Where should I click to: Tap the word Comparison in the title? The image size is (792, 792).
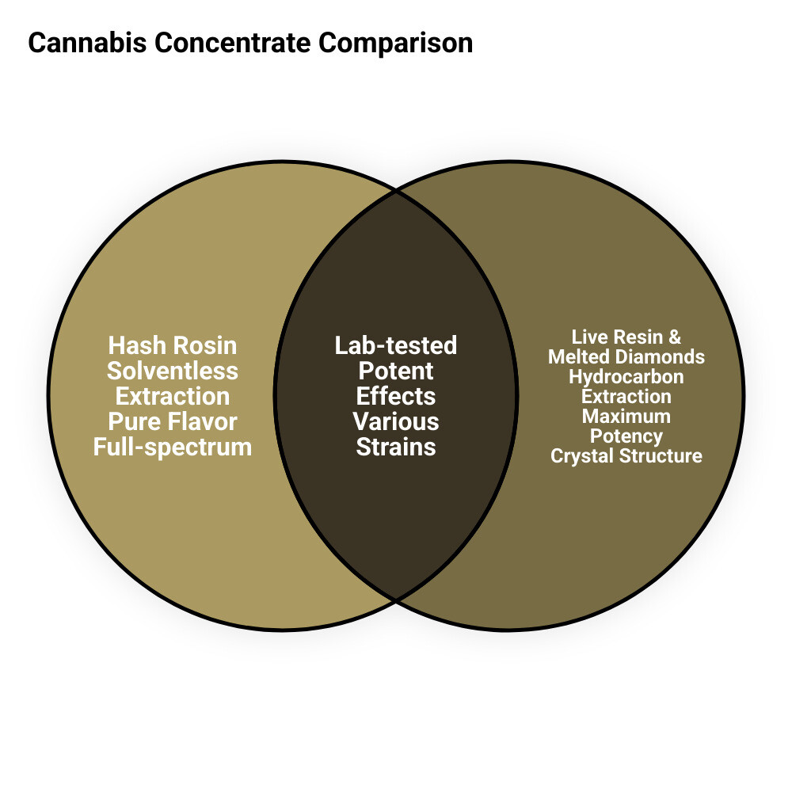tap(396, 43)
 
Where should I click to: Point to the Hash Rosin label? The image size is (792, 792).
tap(173, 345)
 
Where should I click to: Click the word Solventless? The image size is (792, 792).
tap(173, 371)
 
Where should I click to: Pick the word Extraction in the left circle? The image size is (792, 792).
tap(173, 396)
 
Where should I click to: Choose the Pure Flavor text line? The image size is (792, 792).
tap(173, 421)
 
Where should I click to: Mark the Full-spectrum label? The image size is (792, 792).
tap(173, 447)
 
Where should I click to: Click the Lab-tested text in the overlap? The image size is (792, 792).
tap(396, 345)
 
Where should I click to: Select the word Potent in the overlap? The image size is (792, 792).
tap(396, 371)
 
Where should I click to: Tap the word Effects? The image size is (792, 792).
tap(396, 396)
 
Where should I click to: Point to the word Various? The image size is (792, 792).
tap(396, 421)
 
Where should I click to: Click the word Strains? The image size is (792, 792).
tap(396, 447)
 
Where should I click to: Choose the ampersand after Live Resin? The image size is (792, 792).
tap(675, 337)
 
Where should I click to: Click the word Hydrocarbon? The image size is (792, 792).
tap(626, 377)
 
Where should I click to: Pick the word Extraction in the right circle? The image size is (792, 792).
tap(626, 397)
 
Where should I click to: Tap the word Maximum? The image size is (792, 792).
tap(626, 417)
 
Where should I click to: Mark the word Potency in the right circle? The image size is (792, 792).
tap(626, 436)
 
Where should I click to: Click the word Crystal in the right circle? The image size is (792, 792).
tap(585, 456)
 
